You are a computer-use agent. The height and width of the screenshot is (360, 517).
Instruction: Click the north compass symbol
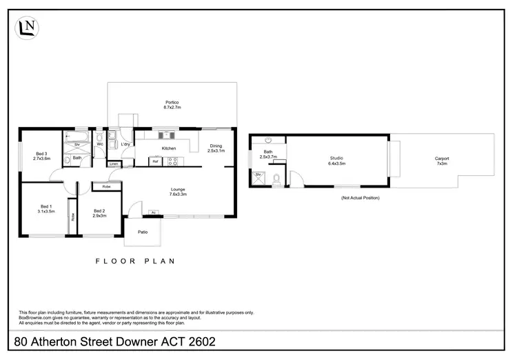[28, 28]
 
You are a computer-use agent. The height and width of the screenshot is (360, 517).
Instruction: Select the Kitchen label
[169, 148]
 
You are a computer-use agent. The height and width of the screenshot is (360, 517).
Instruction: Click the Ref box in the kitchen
[156, 161]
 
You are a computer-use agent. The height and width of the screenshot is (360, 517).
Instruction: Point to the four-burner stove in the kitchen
[172, 161]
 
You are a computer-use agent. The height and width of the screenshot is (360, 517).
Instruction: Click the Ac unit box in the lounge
[145, 212]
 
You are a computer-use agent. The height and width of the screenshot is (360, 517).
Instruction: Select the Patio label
[143, 232]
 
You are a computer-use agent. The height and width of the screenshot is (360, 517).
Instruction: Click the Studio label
[336, 161]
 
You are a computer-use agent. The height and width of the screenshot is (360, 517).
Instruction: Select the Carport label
[442, 161]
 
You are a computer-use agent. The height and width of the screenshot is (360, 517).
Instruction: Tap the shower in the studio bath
[259, 177]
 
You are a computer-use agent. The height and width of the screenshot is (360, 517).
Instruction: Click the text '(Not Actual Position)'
[361, 198]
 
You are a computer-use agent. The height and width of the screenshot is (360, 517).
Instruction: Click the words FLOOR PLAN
[134, 261]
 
